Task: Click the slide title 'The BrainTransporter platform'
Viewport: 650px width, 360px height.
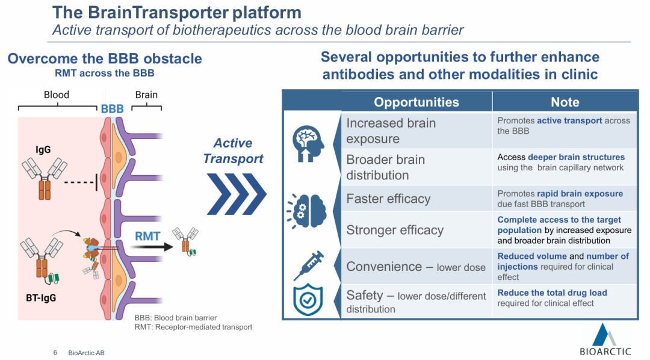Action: [x=177, y=12]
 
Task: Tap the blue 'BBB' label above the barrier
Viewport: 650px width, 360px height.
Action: [x=112, y=109]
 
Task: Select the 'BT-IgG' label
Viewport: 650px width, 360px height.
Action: [x=44, y=297]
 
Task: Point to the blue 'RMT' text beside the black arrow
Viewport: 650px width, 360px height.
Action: [x=147, y=237]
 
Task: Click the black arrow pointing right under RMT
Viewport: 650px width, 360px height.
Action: [x=147, y=247]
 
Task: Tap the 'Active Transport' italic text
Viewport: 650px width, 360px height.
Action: [x=233, y=151]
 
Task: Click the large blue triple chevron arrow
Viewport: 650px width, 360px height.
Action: [x=236, y=194]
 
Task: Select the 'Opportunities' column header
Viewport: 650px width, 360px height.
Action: [x=416, y=102]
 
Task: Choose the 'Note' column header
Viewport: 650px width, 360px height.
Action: [x=565, y=102]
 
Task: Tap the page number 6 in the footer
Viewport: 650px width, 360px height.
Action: [x=55, y=352]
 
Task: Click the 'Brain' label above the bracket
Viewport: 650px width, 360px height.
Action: [x=146, y=95]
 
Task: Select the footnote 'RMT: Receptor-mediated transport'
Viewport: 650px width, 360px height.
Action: [x=193, y=327]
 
